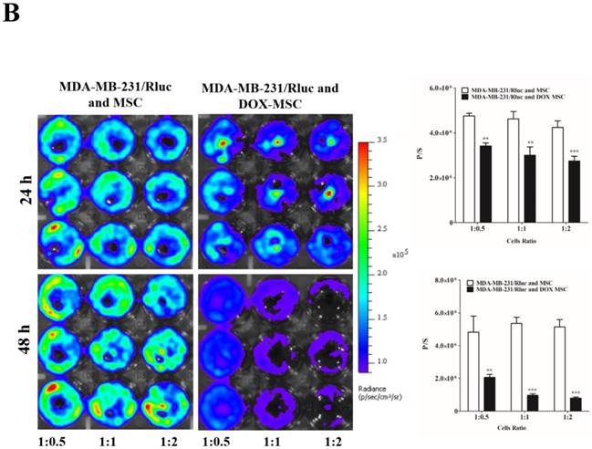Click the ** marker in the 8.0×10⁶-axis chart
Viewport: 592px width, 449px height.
(490, 370)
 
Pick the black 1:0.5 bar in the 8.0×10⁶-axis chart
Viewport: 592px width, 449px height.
(490, 395)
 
